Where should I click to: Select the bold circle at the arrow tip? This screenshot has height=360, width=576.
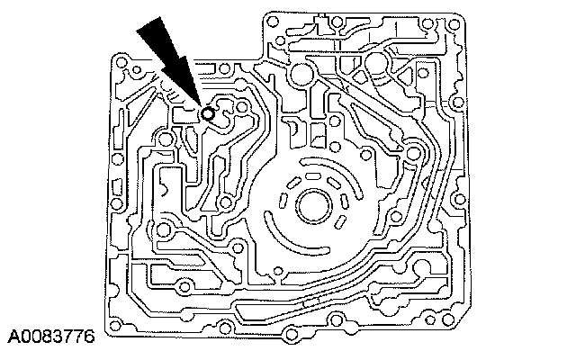tap(209, 114)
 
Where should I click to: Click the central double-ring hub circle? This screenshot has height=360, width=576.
tap(312, 204)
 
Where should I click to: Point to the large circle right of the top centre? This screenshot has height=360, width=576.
tap(382, 63)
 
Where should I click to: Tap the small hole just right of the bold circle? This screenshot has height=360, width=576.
tap(239, 105)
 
